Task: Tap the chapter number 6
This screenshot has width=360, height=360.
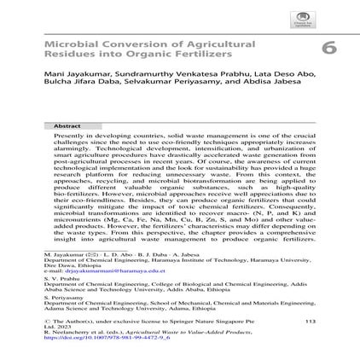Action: pos(328,49)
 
